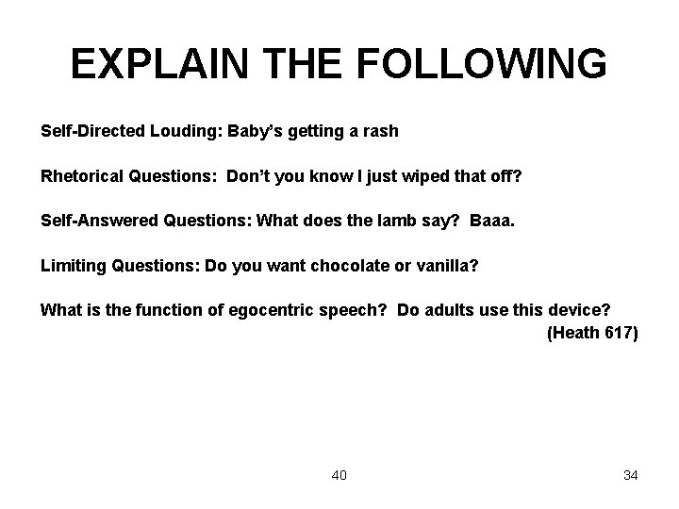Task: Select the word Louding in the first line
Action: pos(182,131)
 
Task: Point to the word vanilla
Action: pos(446,266)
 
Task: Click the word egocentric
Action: pos(273,310)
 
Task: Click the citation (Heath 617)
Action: pos(592,332)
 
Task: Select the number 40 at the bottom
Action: pos(339,475)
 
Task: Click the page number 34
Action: pos(630,475)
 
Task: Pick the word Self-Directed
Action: pos(91,131)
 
